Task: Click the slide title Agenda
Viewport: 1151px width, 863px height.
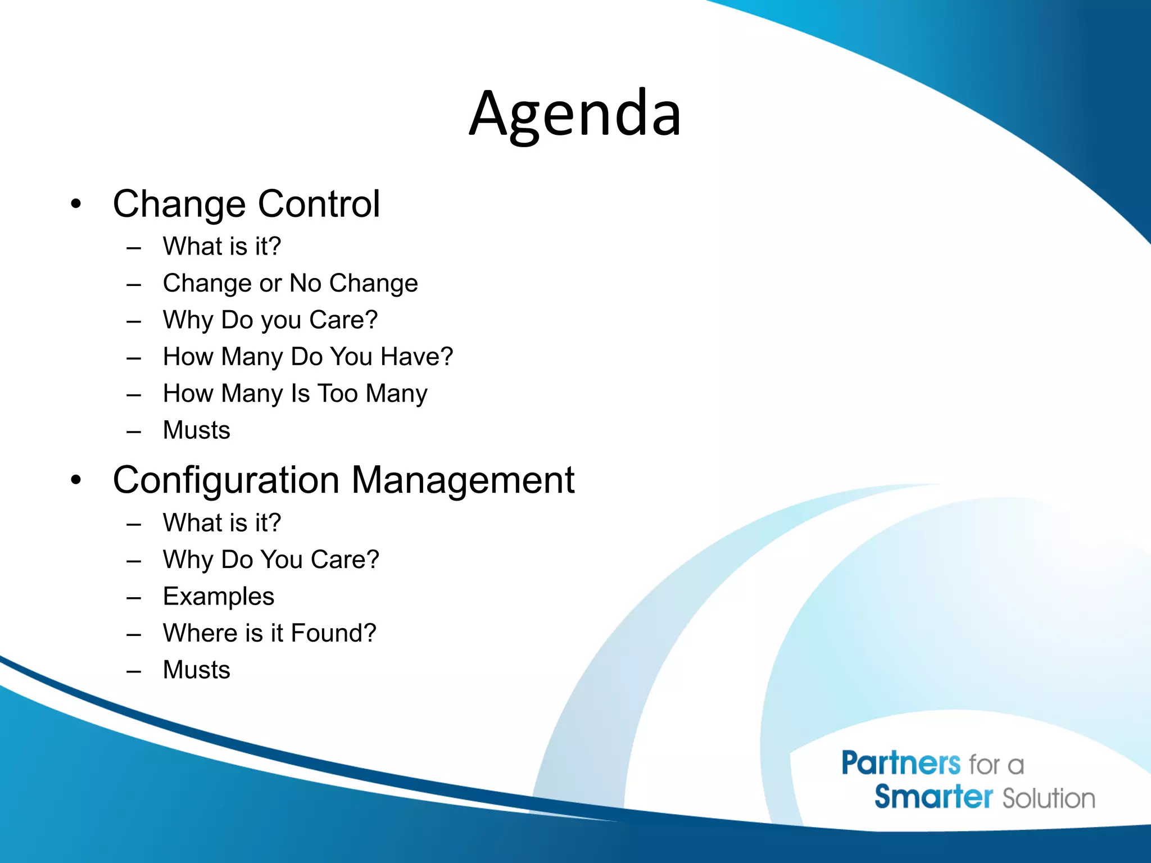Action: click(575, 114)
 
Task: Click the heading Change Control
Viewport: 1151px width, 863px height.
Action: click(246, 203)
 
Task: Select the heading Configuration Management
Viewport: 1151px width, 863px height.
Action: click(343, 480)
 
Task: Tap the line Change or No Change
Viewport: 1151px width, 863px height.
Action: click(290, 283)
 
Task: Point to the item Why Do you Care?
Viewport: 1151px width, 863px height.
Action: click(270, 320)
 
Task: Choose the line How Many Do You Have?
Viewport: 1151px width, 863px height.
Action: click(307, 357)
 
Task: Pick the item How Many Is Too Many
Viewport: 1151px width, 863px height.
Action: click(294, 393)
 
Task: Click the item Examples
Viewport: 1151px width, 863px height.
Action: click(218, 596)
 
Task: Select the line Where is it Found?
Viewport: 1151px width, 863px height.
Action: click(269, 633)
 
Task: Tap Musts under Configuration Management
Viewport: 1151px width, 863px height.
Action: click(196, 670)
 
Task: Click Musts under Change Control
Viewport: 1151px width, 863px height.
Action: click(196, 430)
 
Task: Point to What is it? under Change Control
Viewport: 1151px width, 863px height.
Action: click(221, 247)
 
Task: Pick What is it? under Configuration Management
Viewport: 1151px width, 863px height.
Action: click(221, 523)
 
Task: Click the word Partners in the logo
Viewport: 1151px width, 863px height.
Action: click(901, 764)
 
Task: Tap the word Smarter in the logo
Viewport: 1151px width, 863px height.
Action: click(934, 797)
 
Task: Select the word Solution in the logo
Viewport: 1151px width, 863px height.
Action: click(1049, 798)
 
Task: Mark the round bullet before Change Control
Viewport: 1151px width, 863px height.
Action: click(76, 204)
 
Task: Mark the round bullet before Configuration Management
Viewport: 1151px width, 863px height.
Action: click(76, 480)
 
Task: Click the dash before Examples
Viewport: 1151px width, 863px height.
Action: click(134, 598)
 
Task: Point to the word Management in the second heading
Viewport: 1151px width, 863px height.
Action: click(463, 480)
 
